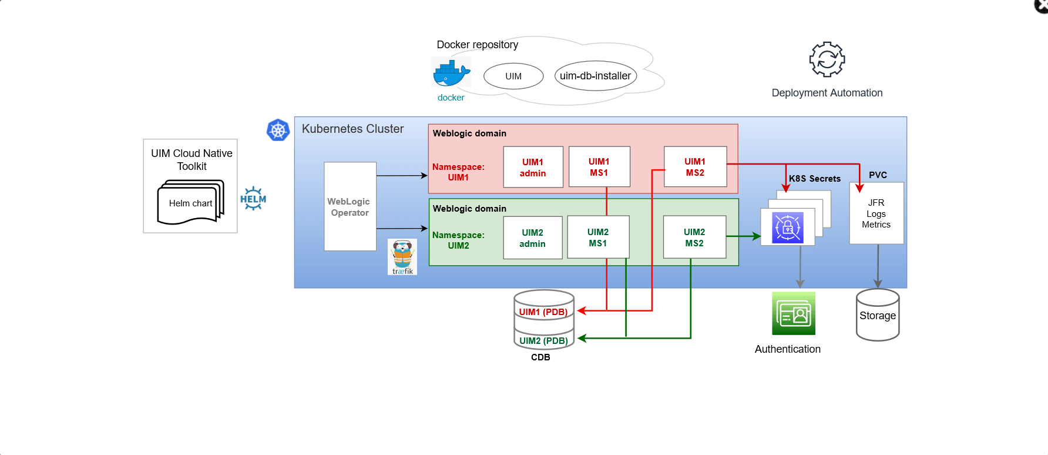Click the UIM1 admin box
tap(533, 168)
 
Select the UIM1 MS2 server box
tap(695, 167)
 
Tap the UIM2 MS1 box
tap(598, 237)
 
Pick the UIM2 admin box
tap(532, 238)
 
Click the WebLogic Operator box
tap(350, 206)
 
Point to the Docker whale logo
tap(451, 73)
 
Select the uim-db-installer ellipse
tap(595, 76)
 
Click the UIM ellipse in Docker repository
tap(513, 76)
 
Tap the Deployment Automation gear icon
tap(827, 59)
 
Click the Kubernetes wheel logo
tap(278, 130)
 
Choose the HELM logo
tap(253, 199)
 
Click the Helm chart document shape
tap(190, 203)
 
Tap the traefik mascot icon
tap(402, 256)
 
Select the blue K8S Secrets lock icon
tap(787, 227)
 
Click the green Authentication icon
tap(793, 314)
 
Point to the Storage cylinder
tap(878, 316)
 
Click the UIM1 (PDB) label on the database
tap(543, 312)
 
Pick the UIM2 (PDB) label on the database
tap(543, 341)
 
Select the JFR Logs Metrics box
tap(876, 213)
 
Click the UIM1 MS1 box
tap(599, 167)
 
